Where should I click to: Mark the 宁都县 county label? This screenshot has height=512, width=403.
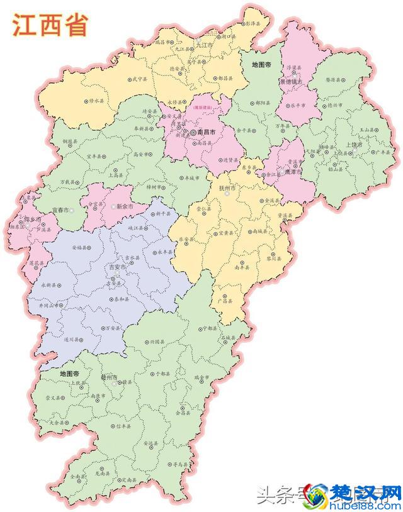pos(209,328)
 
